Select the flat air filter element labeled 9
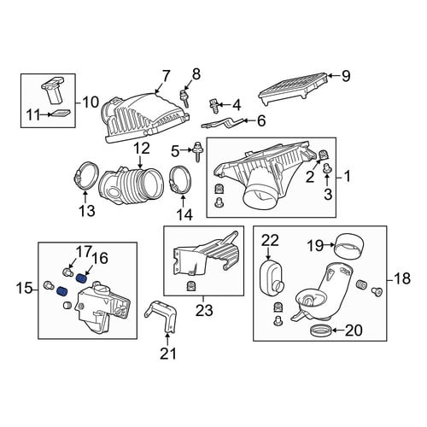pyautogui.click(x=293, y=89)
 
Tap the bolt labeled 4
pyautogui.click(x=213, y=106)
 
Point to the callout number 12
pyautogui.click(x=142, y=149)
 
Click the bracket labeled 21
pyautogui.click(x=161, y=316)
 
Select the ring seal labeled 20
pyautogui.click(x=320, y=330)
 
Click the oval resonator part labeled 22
pyautogui.click(x=271, y=277)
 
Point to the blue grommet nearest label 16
pyautogui.click(x=82, y=278)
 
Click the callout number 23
pyautogui.click(x=204, y=310)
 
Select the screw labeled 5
pyautogui.click(x=196, y=153)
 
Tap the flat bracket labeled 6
pyautogui.click(x=223, y=122)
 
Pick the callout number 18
pyautogui.click(x=402, y=278)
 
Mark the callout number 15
pyautogui.click(x=24, y=290)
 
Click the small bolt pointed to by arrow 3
pyautogui.click(x=326, y=169)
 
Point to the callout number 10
pyautogui.click(x=91, y=102)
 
